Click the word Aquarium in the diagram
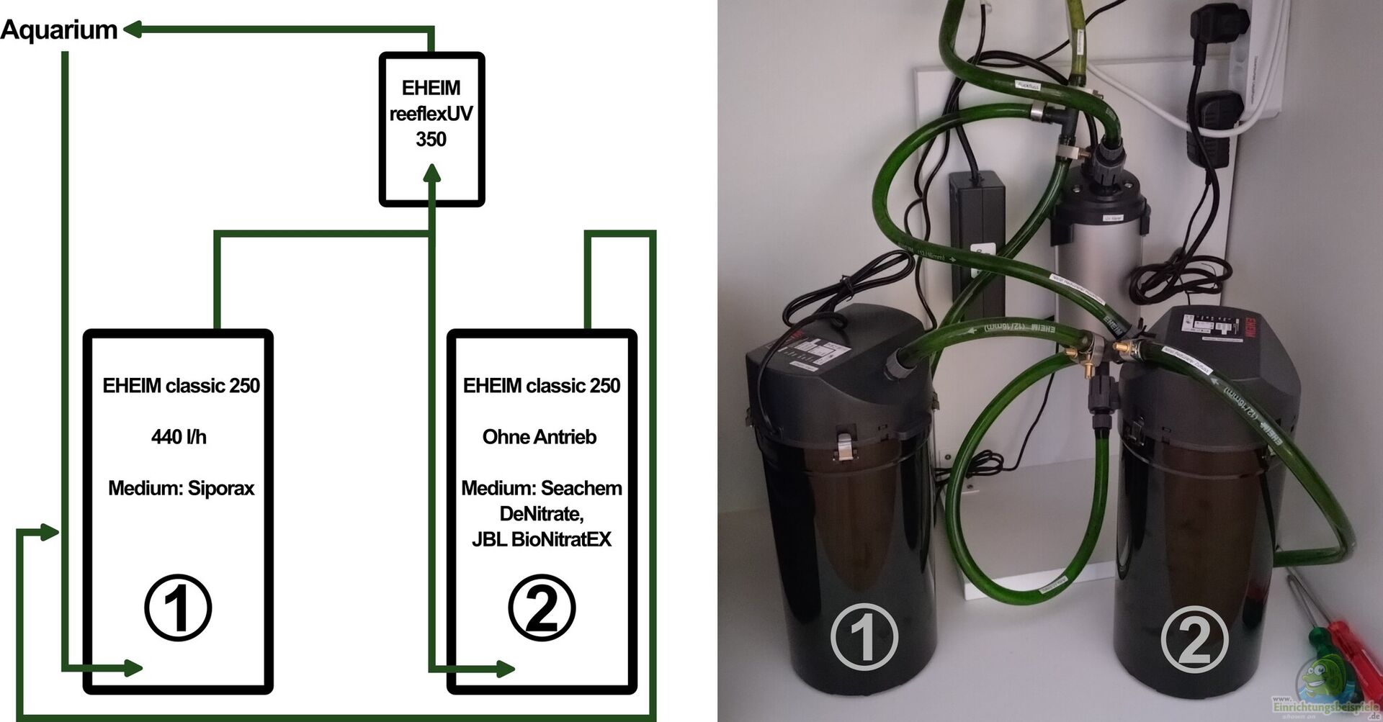click(59, 30)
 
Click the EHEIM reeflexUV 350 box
click(431, 130)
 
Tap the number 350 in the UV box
click(431, 139)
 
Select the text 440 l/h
click(179, 437)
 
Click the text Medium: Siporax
click(182, 488)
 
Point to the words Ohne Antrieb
click(540, 437)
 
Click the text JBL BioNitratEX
click(542, 539)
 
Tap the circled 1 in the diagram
click(178, 608)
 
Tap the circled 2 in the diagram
click(542, 608)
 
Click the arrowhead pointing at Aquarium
click(133, 30)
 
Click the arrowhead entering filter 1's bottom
click(133, 668)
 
